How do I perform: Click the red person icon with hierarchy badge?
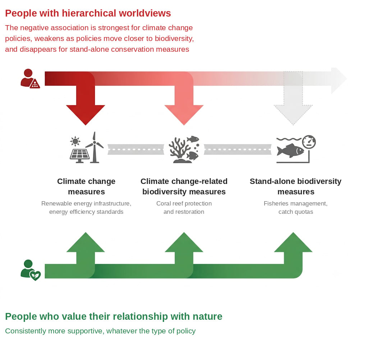coord(30,79)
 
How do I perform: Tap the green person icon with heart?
coord(31,270)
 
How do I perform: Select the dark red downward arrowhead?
coord(86,115)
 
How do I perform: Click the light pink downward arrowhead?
coord(184,115)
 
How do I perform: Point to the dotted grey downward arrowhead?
coord(293,115)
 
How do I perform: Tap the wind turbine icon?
coord(95,147)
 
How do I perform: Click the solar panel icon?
coord(79,156)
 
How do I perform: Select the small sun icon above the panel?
coord(75,141)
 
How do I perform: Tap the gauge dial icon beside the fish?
coord(309,142)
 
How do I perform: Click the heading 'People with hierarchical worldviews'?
coord(88,13)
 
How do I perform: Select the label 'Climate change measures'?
coord(86,186)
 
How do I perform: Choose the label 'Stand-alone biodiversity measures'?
coord(295,186)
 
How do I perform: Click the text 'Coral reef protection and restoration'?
coord(184,207)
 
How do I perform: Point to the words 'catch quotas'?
coord(296,212)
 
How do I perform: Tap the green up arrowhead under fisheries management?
coord(293,242)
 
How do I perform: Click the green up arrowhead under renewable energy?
coord(86,242)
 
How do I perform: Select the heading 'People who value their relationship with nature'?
coord(114,317)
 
